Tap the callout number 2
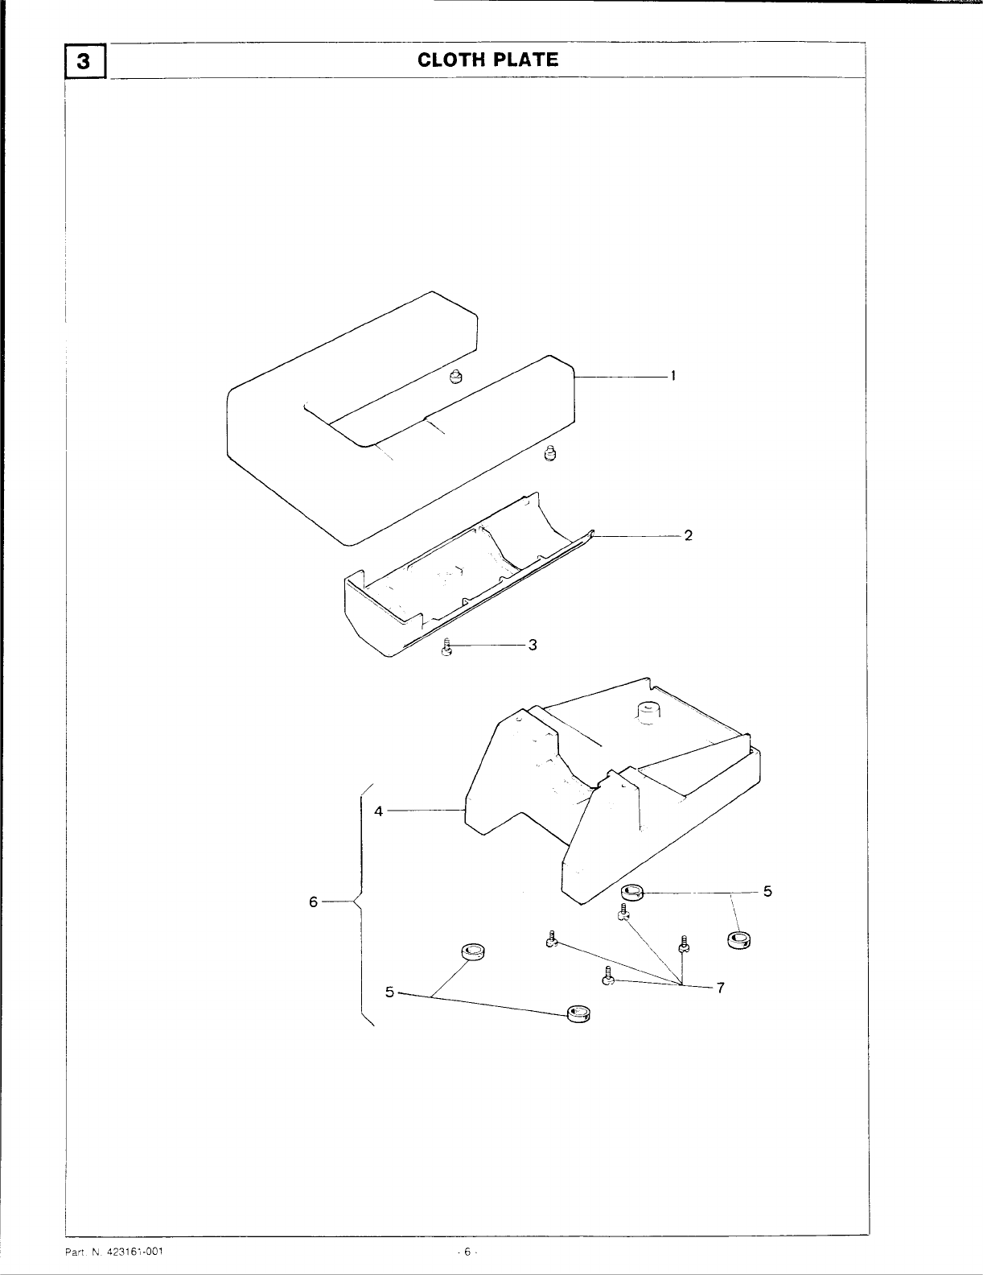click(688, 535)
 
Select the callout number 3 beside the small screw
click(532, 645)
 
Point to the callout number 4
click(378, 811)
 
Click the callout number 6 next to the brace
click(314, 902)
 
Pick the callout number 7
click(721, 988)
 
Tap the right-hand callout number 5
click(767, 891)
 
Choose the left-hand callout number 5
click(389, 992)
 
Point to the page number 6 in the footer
click(466, 1252)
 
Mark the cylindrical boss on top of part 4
click(648, 712)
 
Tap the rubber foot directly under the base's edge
click(632, 892)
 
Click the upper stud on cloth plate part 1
click(456, 375)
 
